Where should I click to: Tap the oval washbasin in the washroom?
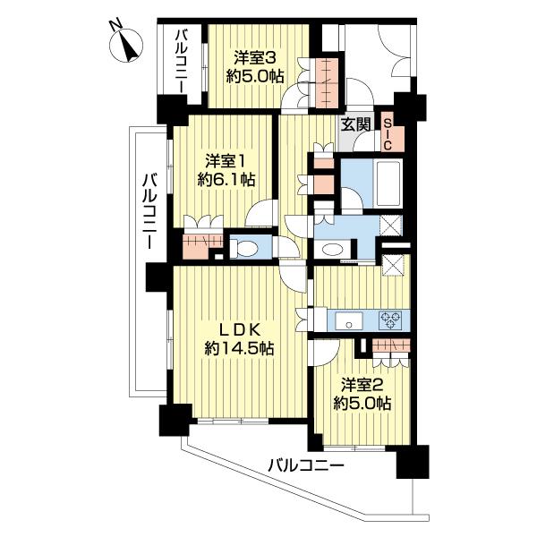334,250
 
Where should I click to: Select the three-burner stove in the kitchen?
390,320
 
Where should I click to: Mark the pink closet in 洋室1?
201,242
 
